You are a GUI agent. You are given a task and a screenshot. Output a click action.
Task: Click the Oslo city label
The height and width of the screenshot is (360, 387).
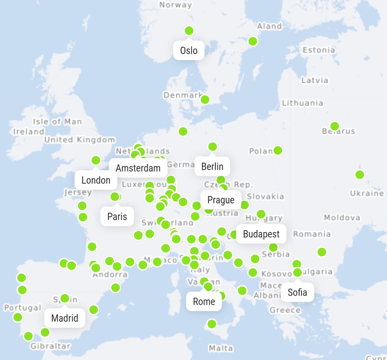(x=189, y=50)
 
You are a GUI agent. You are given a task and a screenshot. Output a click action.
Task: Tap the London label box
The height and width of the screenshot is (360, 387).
(x=96, y=180)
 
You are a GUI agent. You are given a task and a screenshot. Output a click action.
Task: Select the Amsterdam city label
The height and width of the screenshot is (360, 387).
(x=138, y=168)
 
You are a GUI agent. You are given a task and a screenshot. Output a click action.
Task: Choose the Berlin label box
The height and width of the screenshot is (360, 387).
(x=212, y=167)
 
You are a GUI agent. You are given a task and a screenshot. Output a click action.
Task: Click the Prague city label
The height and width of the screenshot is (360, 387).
(x=221, y=200)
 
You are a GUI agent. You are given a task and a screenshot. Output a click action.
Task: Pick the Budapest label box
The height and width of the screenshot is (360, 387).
(x=261, y=234)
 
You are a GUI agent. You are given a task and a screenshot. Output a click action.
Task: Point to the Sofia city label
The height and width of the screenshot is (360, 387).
(x=297, y=292)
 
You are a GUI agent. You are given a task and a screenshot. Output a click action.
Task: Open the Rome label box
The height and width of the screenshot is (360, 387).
(x=204, y=301)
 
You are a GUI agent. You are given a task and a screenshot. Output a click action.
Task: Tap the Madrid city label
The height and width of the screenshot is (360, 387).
(x=65, y=318)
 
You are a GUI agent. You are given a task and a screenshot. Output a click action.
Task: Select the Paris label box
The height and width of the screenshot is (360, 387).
(x=117, y=217)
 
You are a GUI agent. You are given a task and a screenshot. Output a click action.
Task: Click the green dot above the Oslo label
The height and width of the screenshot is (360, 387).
(x=189, y=31)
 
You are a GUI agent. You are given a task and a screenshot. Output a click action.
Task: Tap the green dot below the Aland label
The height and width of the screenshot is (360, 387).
(x=253, y=41)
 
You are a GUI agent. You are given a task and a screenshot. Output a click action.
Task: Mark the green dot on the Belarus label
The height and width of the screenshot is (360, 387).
(x=335, y=126)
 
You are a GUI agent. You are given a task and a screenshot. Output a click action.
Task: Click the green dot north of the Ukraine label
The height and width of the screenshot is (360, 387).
(x=359, y=175)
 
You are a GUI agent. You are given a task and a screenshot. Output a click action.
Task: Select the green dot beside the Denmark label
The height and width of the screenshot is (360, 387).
(x=205, y=99)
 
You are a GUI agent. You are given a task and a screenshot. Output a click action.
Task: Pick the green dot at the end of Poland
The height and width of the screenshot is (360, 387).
(x=278, y=150)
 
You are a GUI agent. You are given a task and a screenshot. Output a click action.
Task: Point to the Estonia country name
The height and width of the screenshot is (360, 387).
(x=319, y=50)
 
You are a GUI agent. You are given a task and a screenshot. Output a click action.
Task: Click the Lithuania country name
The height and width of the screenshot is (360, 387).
(x=302, y=103)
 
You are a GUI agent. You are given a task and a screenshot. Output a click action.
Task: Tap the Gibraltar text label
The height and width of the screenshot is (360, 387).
(x=50, y=346)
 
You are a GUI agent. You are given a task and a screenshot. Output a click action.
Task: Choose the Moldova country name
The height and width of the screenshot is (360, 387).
(x=342, y=217)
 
